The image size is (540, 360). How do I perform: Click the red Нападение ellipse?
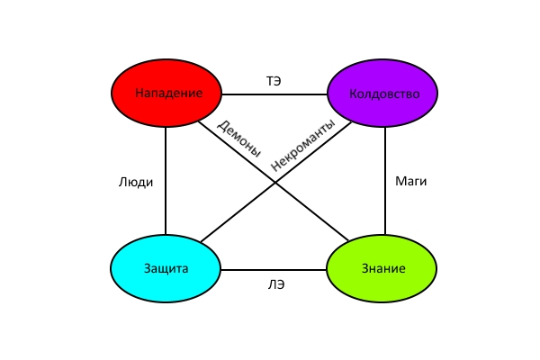point(166,93)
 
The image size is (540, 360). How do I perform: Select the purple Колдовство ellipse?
point(382,93)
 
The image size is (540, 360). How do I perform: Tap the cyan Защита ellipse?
point(166,269)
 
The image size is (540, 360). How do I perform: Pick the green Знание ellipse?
point(382,269)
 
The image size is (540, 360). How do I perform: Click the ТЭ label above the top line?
point(274,81)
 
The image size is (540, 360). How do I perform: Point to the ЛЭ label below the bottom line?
point(276,285)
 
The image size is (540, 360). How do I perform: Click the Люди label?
point(136,182)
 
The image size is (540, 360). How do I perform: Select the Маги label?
point(411,181)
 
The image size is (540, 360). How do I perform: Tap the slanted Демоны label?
point(238,139)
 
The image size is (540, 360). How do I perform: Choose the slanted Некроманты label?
point(302,145)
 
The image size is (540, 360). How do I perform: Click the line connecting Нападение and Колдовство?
point(274,94)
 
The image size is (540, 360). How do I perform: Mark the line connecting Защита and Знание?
point(274,270)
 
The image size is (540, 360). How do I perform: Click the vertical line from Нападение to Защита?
point(166,181)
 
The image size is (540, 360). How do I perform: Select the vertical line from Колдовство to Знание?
point(385,181)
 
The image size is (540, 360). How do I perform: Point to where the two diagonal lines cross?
point(274,182)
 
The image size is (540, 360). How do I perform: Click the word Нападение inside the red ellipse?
point(169,93)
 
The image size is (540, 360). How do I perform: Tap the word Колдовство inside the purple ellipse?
point(384,94)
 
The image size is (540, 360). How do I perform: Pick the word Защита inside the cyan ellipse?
point(166,268)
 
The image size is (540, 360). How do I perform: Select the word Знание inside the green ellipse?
point(383,268)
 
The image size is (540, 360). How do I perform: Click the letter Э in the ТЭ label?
point(277,81)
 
